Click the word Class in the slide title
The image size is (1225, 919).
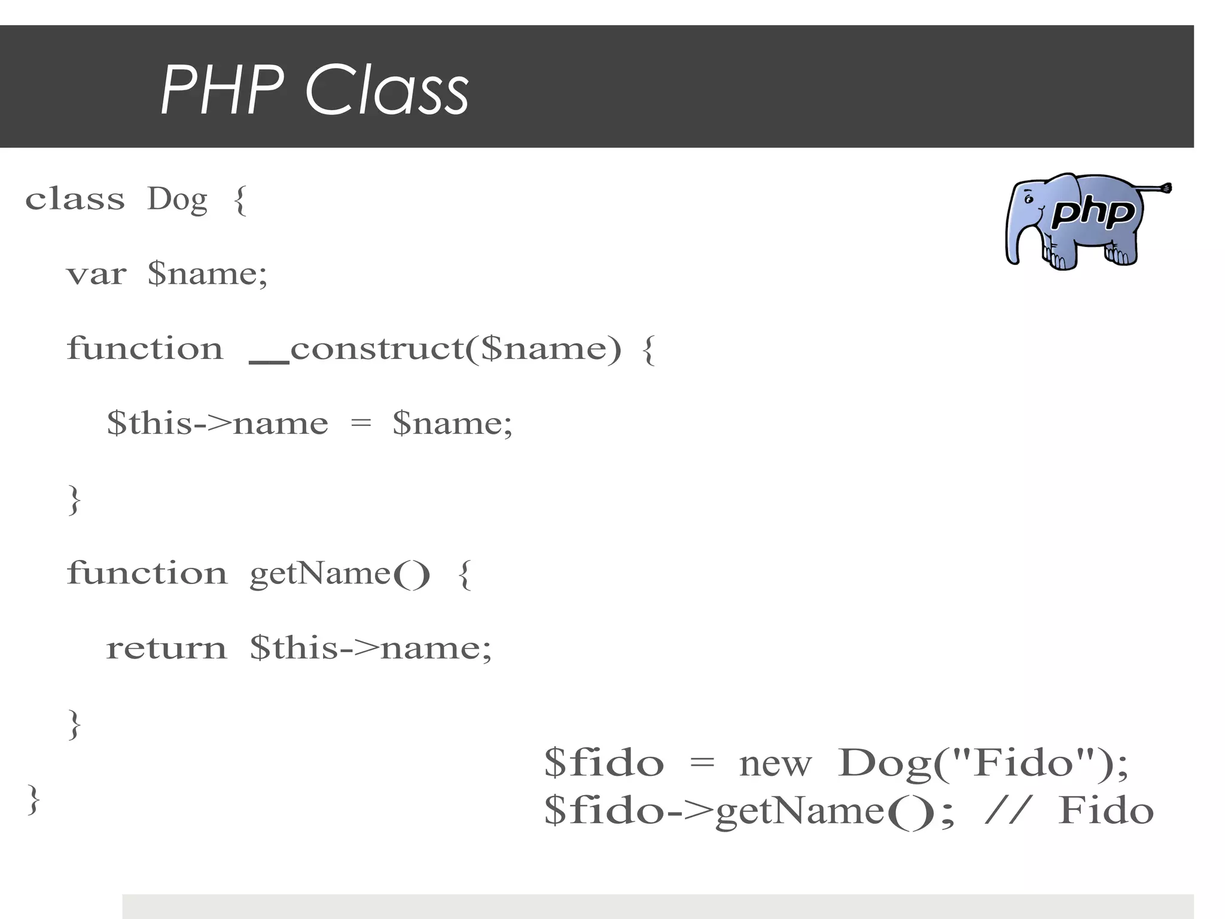point(387,90)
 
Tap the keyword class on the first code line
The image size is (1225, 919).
point(75,199)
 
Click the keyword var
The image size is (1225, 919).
point(96,275)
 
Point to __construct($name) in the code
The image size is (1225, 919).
point(435,349)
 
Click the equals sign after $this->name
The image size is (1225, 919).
point(361,424)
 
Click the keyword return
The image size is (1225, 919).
point(166,649)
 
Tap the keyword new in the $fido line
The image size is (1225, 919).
point(775,765)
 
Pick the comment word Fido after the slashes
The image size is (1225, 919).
point(1105,811)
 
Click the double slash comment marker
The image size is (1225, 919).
point(1008,811)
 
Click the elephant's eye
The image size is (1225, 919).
point(1028,200)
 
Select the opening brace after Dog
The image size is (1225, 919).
point(240,200)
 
